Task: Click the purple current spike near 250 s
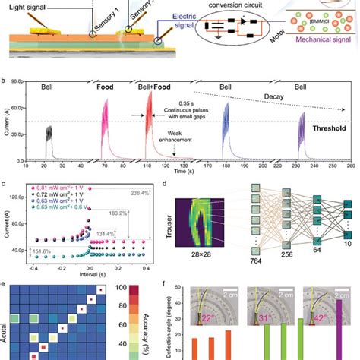(303, 135)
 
